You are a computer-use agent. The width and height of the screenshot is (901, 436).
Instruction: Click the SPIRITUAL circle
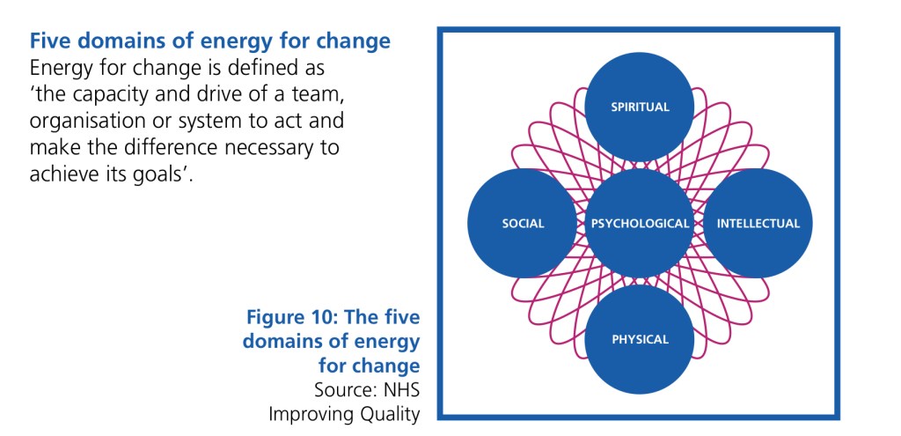tap(641, 107)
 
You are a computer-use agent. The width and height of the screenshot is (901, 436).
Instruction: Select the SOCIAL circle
tap(523, 224)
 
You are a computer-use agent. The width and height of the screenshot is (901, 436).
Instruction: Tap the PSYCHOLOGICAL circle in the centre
tap(641, 224)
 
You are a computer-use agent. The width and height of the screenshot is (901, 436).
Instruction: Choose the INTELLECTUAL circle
tap(758, 224)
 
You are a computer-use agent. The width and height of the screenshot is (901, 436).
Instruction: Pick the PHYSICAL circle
tap(641, 339)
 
